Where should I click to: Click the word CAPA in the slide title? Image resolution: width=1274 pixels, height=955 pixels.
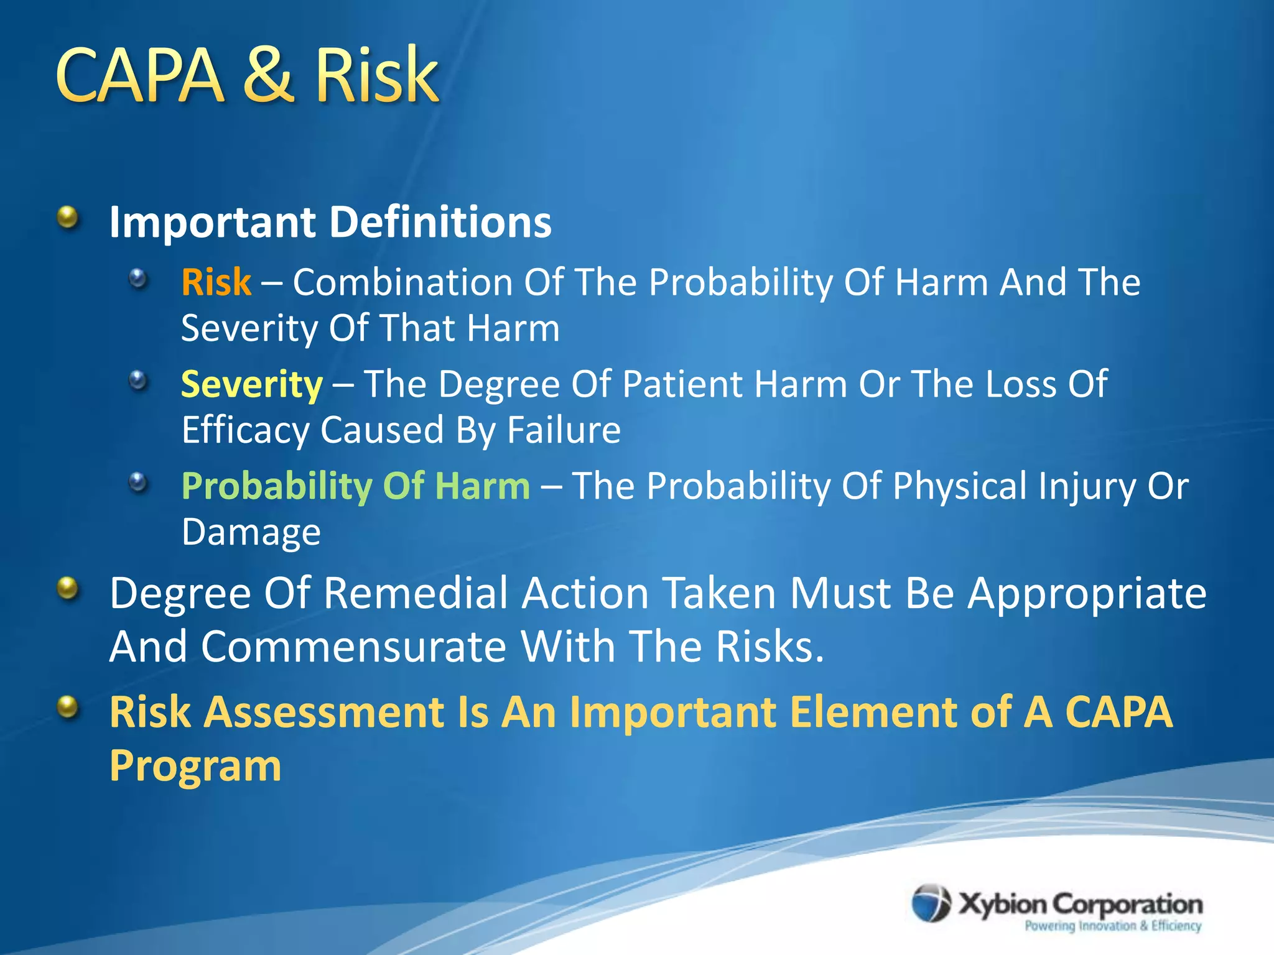(139, 76)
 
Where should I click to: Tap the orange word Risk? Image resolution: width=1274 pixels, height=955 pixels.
(216, 282)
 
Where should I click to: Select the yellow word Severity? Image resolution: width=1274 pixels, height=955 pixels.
(251, 385)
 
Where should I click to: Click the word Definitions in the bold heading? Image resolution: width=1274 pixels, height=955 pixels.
(440, 222)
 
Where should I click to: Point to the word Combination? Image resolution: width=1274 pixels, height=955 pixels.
(402, 282)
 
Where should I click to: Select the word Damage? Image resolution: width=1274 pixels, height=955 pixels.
(251, 533)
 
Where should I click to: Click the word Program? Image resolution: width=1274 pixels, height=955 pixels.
(195, 767)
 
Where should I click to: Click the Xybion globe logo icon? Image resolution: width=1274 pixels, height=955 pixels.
(931, 903)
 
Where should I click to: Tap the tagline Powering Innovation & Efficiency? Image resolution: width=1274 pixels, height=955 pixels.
(1112, 926)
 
